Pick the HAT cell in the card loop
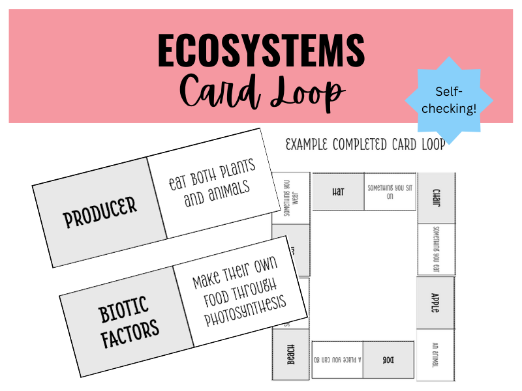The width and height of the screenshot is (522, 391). coord(338,192)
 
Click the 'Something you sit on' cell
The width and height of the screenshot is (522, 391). coord(390,192)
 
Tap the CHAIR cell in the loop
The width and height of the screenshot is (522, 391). coord(436,198)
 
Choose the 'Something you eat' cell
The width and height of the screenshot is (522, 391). coord(436,249)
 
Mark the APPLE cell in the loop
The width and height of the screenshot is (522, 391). coord(436,302)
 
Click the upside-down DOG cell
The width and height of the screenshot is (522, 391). coord(388,360)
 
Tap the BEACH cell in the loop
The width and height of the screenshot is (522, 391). coord(290,355)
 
